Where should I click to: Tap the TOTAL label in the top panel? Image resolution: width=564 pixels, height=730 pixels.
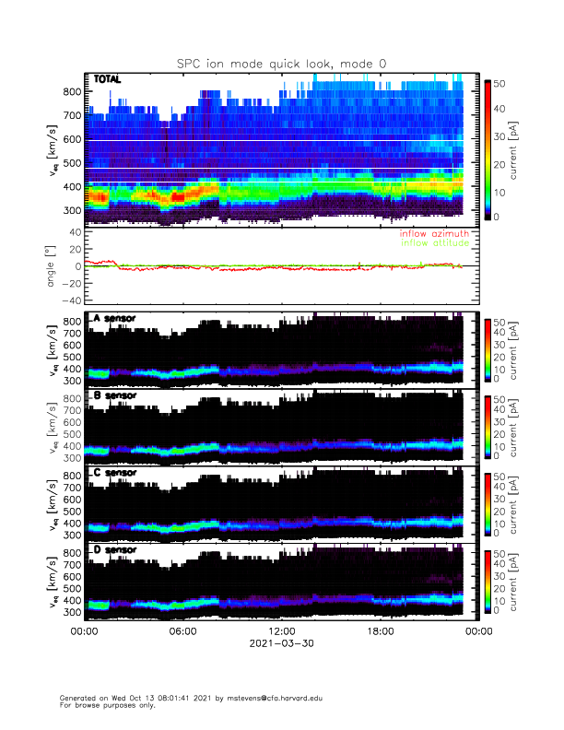tap(107, 80)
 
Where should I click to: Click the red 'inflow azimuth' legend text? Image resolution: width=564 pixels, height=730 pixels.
tap(437, 234)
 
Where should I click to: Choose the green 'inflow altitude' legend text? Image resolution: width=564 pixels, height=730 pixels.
tap(436, 243)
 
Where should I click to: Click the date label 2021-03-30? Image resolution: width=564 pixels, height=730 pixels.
tap(281, 644)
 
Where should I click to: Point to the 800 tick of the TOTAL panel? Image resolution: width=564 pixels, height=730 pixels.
tap(72, 91)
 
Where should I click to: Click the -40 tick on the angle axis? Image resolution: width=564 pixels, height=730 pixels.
tap(68, 300)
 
